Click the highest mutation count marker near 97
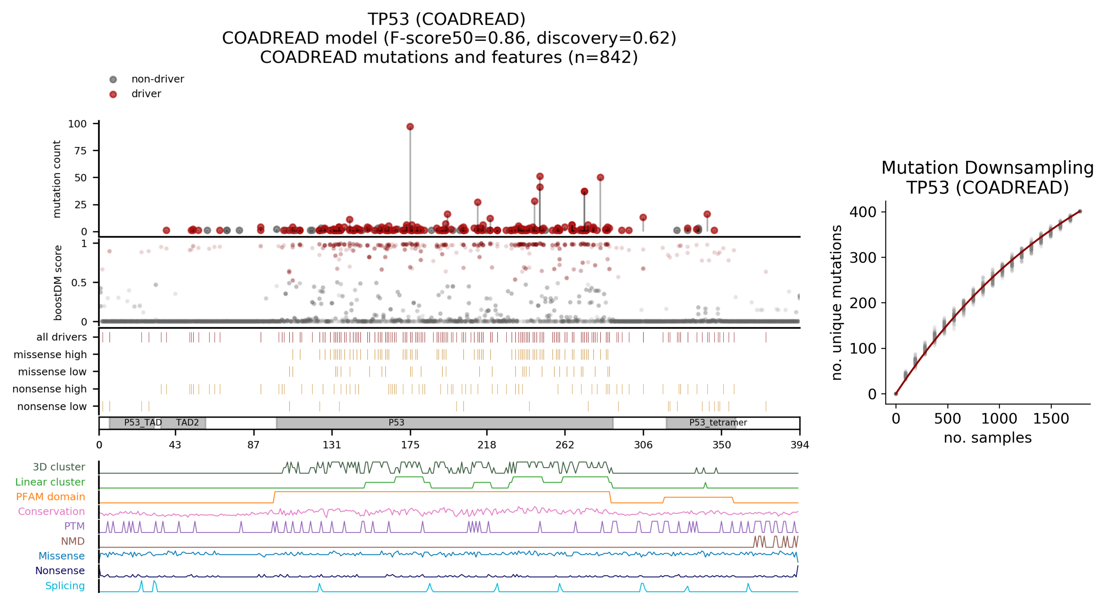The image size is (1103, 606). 410,127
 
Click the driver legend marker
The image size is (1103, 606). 113,94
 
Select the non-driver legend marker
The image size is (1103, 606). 113,79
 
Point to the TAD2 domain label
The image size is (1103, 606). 187,422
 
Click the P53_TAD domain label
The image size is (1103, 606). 143,422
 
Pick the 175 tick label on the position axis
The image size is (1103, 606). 410,445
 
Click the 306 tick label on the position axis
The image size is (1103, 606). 643,445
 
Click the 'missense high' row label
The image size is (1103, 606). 50,354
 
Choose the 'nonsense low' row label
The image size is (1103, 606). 52,406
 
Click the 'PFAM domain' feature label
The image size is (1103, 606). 50,497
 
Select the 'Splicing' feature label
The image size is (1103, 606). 65,586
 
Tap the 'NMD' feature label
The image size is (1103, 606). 73,541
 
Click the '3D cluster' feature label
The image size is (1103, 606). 59,467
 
